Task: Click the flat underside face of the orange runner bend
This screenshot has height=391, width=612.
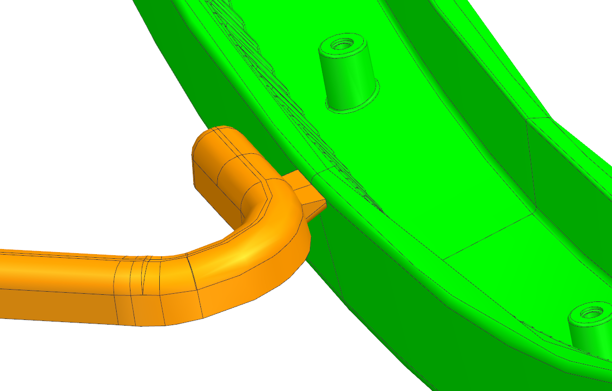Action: click(231, 298)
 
